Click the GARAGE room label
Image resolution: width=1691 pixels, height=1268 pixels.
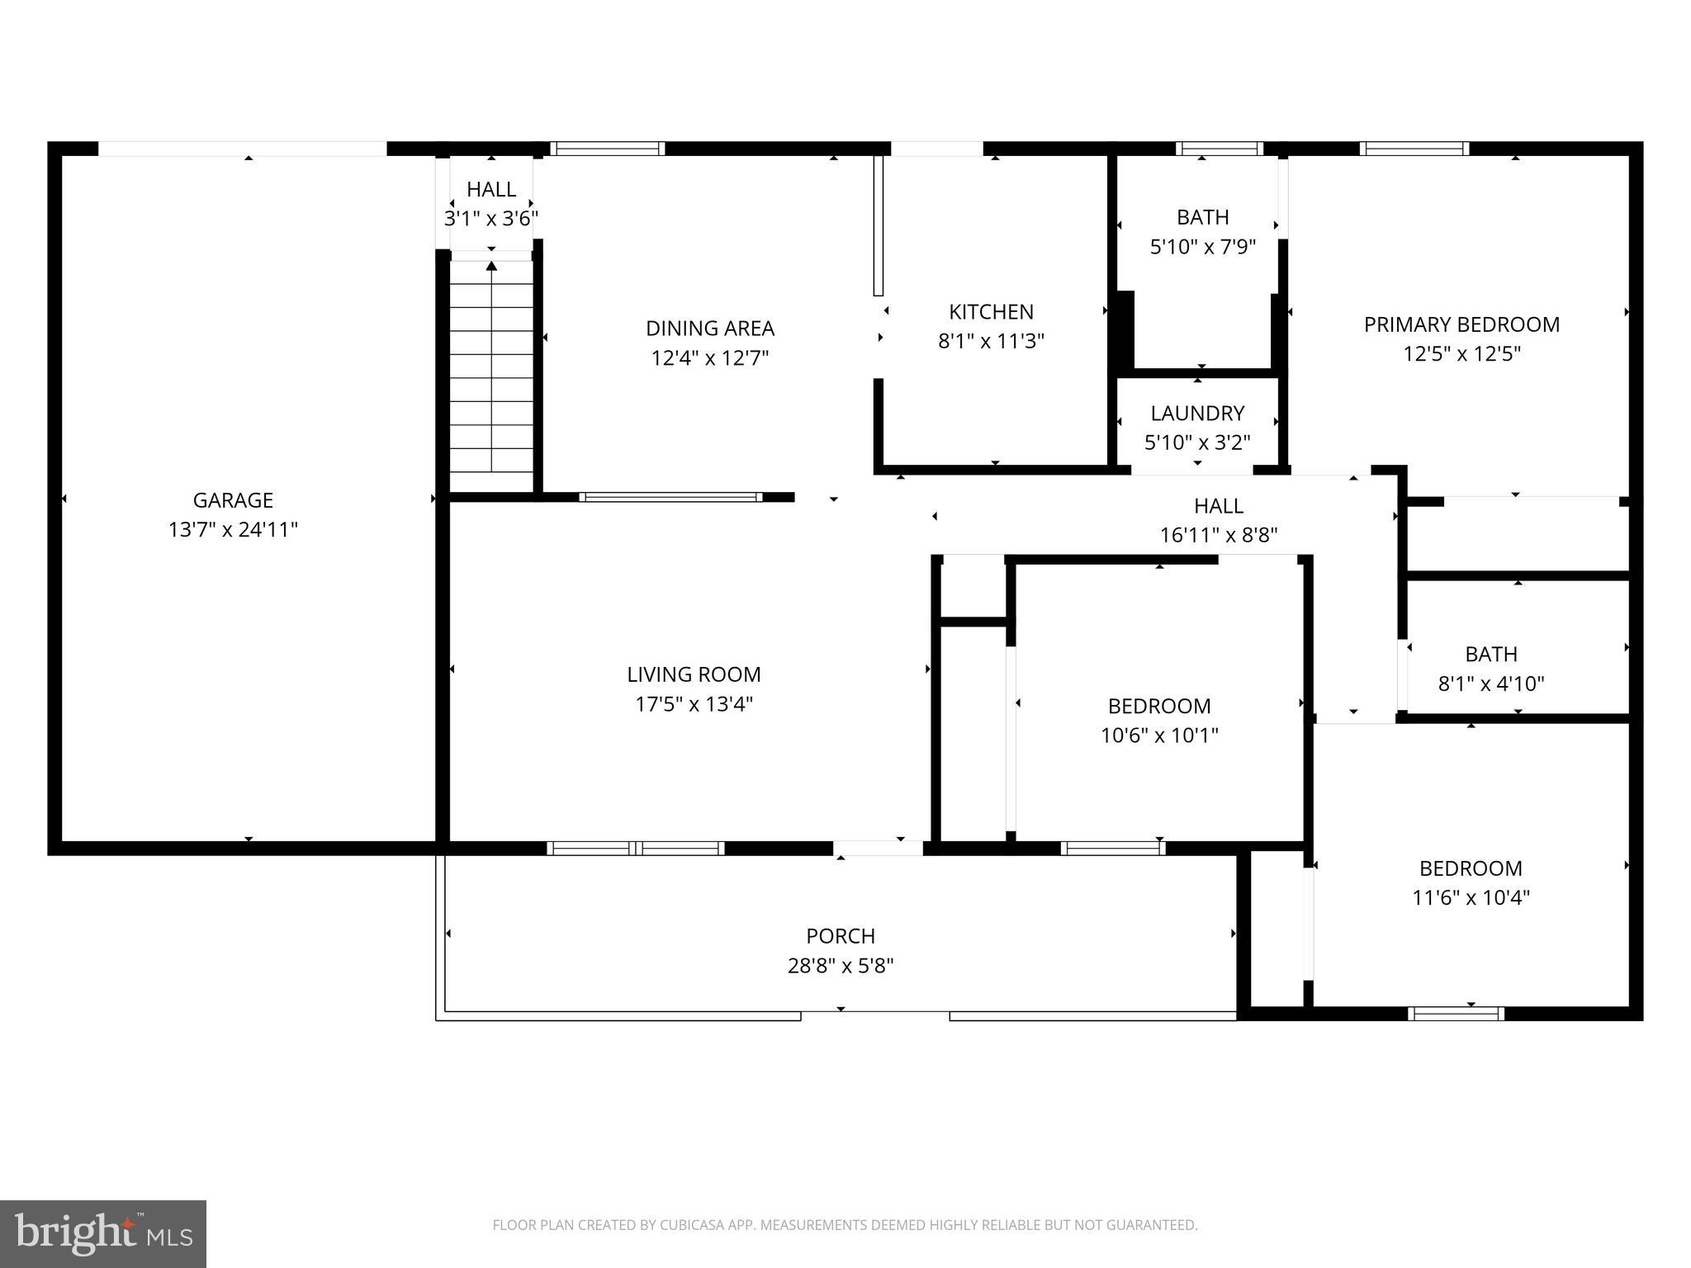click(x=233, y=500)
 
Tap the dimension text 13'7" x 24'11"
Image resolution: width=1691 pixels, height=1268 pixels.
click(x=233, y=530)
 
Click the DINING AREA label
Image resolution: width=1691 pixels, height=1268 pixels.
click(x=709, y=329)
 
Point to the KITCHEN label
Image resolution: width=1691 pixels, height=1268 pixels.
click(x=991, y=312)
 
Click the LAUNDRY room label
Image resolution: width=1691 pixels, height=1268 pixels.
click(x=1197, y=414)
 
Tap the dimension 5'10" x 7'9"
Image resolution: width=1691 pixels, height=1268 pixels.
click(x=1202, y=247)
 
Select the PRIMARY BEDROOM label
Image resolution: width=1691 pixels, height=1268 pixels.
click(x=1461, y=324)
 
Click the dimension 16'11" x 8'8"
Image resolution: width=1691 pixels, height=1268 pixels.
click(x=1218, y=536)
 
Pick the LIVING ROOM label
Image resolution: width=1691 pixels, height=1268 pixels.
click(x=694, y=674)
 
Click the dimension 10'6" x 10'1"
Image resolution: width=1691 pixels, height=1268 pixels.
click(x=1159, y=736)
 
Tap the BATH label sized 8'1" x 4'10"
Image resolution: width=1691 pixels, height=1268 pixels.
click(x=1490, y=655)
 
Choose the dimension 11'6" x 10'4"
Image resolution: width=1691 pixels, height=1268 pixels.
click(x=1471, y=898)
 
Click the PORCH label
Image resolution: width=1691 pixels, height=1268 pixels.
click(x=841, y=936)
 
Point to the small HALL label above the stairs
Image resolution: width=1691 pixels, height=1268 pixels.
click(x=491, y=189)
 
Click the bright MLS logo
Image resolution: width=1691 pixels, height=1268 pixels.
click(x=102, y=1233)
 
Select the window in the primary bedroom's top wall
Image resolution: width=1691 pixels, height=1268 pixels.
click(x=1414, y=149)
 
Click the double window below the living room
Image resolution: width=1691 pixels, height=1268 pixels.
click(x=636, y=848)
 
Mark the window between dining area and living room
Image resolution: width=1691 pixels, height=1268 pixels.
click(x=670, y=497)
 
